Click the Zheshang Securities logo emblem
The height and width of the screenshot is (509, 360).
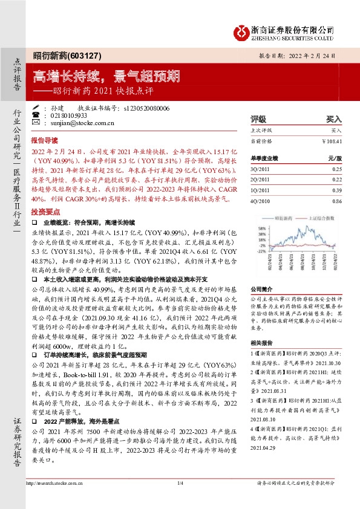(x=241, y=31)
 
